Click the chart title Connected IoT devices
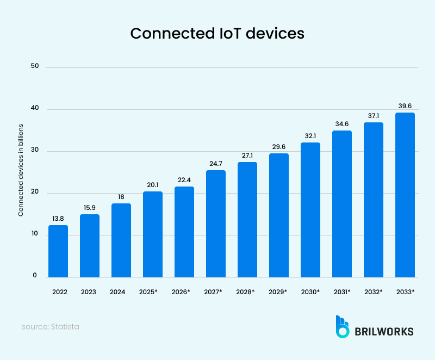(217, 33)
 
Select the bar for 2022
(58, 251)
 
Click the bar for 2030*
(310, 210)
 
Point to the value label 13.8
(58, 218)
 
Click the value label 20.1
(153, 184)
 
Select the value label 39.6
(405, 105)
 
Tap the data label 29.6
(279, 146)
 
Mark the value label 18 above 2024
(121, 196)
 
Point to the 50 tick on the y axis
(35, 66)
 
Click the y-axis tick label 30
(35, 151)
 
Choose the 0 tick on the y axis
(34, 276)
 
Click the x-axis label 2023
(90, 292)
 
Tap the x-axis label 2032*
(374, 292)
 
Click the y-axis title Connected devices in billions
(21, 170)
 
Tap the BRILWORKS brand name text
(384, 331)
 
